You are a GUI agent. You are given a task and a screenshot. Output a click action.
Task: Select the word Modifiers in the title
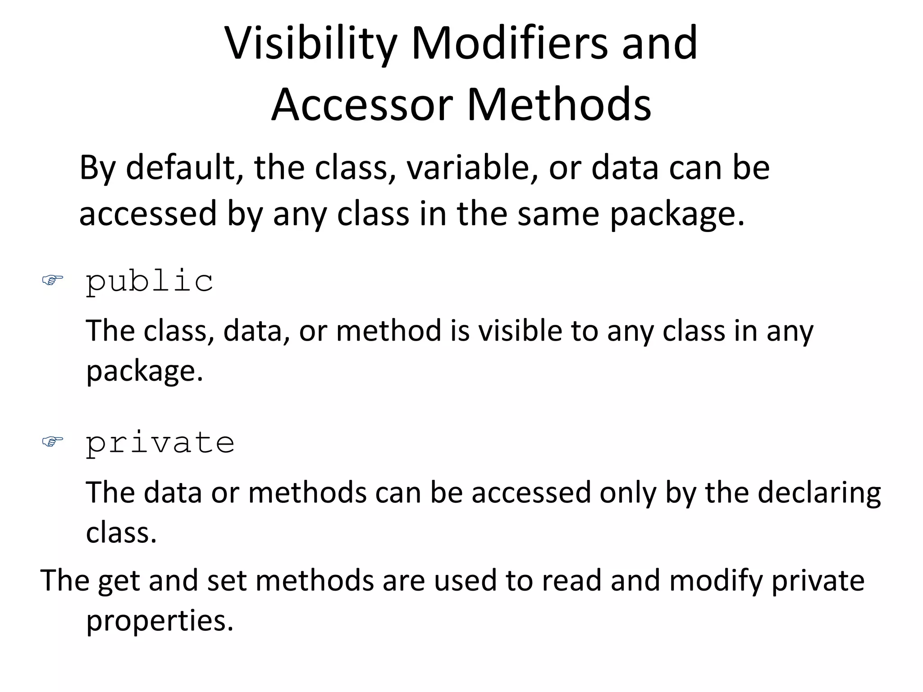click(x=509, y=43)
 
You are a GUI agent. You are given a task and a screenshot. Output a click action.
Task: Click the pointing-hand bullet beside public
click(x=52, y=281)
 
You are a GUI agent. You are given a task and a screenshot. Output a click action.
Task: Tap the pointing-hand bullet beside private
click(x=52, y=442)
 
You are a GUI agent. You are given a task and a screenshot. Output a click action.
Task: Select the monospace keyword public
click(x=150, y=282)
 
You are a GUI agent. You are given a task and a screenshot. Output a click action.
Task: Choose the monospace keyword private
click(x=160, y=443)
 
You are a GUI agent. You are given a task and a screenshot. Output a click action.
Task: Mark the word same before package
click(x=558, y=214)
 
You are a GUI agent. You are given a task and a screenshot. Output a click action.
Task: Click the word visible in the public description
click(x=520, y=331)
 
